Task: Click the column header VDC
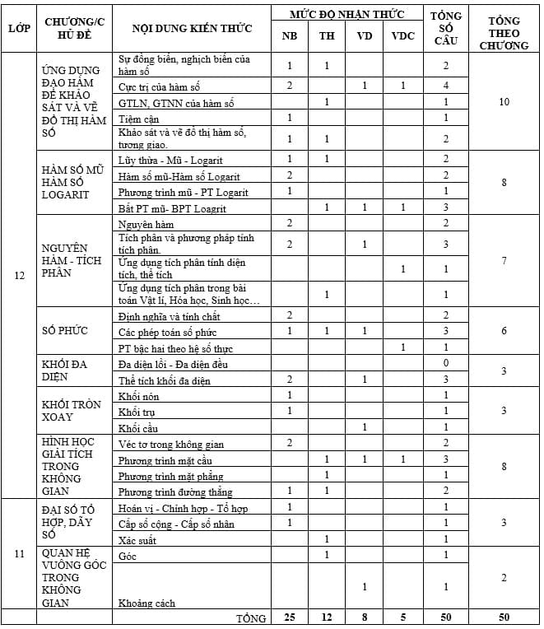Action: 403,36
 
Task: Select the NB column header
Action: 290,36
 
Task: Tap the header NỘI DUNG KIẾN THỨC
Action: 193,28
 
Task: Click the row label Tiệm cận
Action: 137,118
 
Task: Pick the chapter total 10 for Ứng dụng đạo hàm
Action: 504,101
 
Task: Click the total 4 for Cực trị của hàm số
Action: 445,86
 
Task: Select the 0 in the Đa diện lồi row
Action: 445,364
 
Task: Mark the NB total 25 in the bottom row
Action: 290,617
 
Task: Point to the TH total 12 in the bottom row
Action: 327,617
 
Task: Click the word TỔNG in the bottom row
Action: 251,617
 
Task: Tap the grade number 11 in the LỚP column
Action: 19,553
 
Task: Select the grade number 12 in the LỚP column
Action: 19,275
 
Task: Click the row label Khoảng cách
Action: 147,603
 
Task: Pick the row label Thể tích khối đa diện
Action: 165,380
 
